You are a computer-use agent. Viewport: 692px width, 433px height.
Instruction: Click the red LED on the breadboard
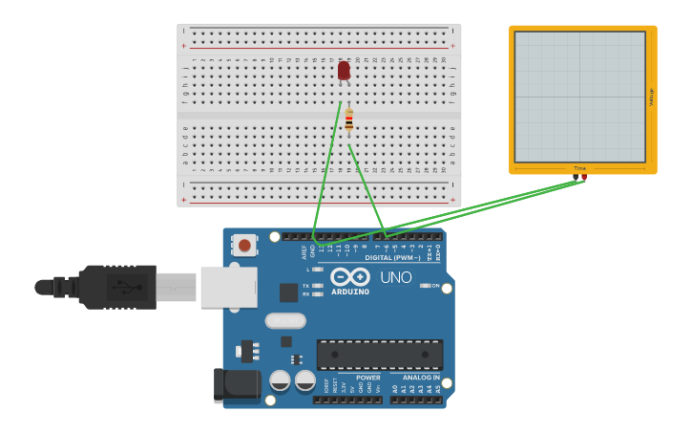[344, 71]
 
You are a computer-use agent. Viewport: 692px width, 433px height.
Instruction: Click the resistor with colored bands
[348, 120]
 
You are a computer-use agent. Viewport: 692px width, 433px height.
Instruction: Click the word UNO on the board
[396, 278]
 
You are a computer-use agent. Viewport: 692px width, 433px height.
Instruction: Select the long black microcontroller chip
[379, 354]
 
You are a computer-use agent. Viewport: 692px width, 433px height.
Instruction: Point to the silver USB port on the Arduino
[228, 287]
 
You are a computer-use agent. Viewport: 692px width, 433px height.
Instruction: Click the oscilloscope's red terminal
[584, 177]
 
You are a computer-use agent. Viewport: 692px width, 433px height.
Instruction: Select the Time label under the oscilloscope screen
[579, 168]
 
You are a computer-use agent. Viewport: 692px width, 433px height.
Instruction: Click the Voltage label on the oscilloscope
[651, 97]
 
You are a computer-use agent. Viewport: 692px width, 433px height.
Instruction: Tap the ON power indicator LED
[424, 286]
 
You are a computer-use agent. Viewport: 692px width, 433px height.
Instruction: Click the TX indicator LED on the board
[317, 286]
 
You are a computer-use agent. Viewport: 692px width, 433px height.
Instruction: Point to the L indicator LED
[317, 270]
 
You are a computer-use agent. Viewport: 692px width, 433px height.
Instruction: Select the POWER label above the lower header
[367, 378]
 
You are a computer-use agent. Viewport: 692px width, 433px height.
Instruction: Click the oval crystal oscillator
[285, 321]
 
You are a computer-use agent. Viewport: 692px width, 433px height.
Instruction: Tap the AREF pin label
[305, 252]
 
